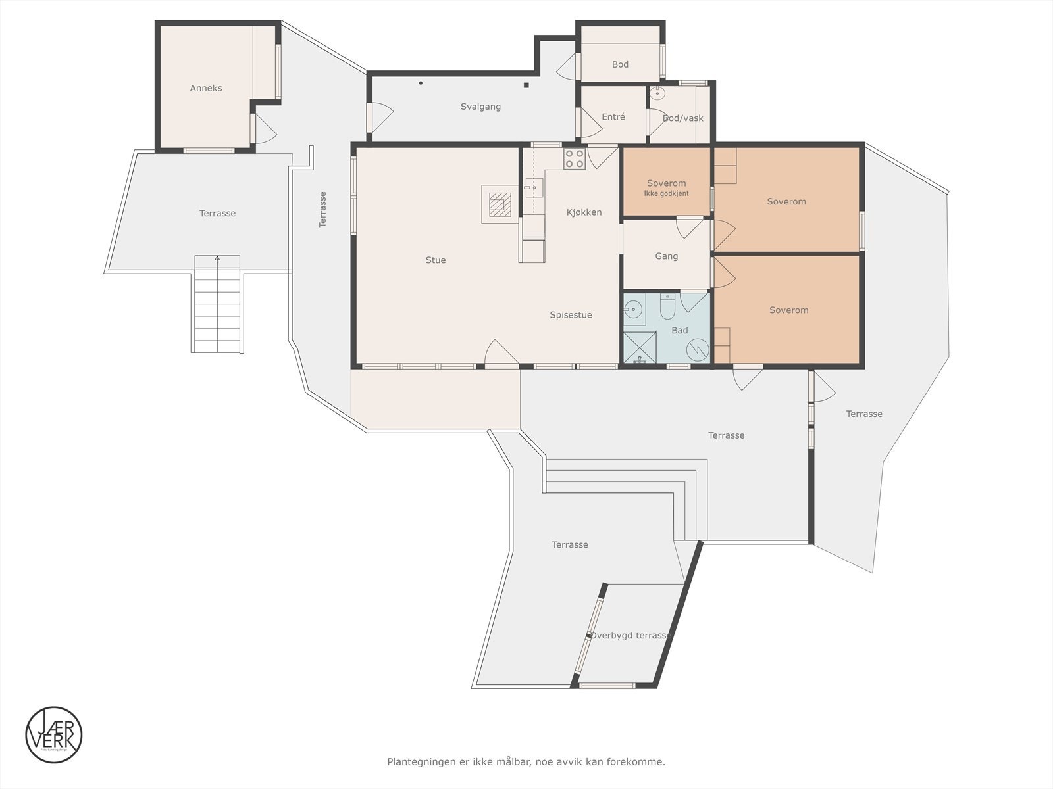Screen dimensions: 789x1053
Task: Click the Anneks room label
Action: pyautogui.click(x=206, y=88)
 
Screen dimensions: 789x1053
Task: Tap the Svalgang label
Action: pyautogui.click(x=480, y=107)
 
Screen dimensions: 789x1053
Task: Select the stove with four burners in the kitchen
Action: pyautogui.click(x=574, y=159)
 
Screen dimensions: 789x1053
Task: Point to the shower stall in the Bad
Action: pyautogui.click(x=640, y=347)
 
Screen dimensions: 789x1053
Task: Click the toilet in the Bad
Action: pyautogui.click(x=667, y=306)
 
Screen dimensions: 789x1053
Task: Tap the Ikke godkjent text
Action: pyautogui.click(x=666, y=194)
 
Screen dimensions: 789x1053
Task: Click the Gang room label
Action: pyautogui.click(x=666, y=256)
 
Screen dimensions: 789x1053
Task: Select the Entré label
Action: pyautogui.click(x=613, y=117)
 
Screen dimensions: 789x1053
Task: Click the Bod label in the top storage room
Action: pyautogui.click(x=620, y=64)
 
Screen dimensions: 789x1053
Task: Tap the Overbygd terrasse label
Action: pyautogui.click(x=630, y=636)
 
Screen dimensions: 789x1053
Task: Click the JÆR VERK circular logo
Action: pyautogui.click(x=54, y=735)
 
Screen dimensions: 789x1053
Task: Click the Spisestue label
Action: pyautogui.click(x=571, y=315)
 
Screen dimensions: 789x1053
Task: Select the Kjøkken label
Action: pyautogui.click(x=584, y=212)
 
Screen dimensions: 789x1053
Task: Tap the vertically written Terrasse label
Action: pyautogui.click(x=322, y=209)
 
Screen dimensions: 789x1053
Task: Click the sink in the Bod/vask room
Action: pyautogui.click(x=657, y=93)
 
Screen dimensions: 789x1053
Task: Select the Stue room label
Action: pyautogui.click(x=435, y=260)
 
